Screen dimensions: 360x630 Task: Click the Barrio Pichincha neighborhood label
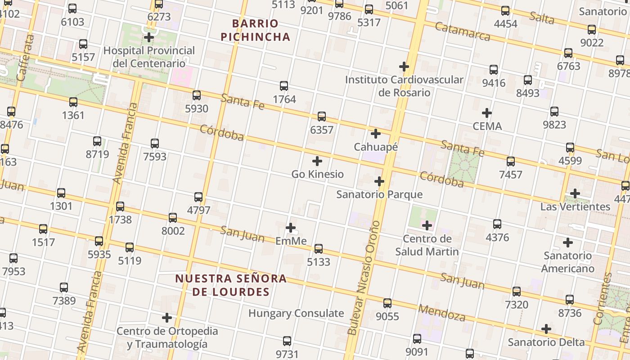[x=256, y=30]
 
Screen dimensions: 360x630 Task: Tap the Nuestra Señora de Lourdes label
[x=231, y=285]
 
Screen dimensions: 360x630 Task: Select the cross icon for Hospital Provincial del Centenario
[x=149, y=37]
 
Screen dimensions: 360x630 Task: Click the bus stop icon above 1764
[x=284, y=86]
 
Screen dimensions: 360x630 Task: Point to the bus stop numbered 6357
[x=322, y=117]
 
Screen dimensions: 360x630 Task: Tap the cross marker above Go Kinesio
[x=317, y=161]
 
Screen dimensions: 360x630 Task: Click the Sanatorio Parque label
[x=379, y=194]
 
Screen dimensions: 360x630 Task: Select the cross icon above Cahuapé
[x=376, y=134]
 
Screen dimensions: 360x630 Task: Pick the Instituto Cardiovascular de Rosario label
[x=404, y=86]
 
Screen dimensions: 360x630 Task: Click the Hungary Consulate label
[x=296, y=313]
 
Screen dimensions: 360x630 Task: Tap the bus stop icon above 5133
[x=319, y=249]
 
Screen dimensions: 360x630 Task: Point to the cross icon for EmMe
[x=291, y=228]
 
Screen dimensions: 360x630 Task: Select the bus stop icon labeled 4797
[x=198, y=197]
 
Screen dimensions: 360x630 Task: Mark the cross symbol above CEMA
[x=487, y=113]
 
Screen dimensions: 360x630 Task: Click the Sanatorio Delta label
[x=546, y=342]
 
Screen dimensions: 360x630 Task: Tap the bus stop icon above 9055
[x=387, y=303]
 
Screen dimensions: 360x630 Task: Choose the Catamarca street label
[x=463, y=31]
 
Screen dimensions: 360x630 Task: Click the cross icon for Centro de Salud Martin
[x=427, y=225]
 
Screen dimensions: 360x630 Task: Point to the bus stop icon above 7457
[x=511, y=162]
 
